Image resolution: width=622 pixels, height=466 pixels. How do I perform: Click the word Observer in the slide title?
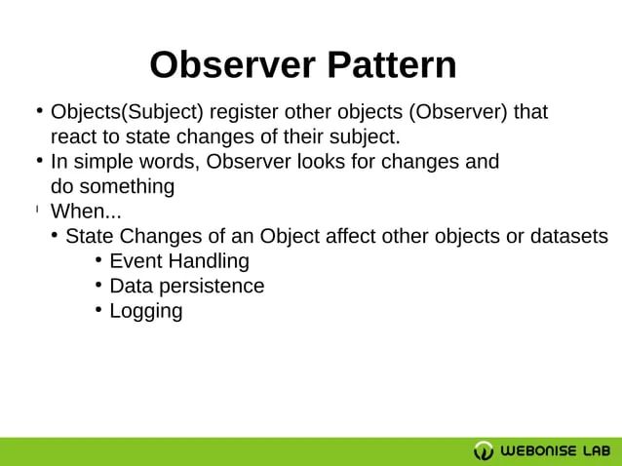[232, 65]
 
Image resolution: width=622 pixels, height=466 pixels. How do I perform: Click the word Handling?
[208, 261]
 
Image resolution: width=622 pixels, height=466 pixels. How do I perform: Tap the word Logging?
[145, 312]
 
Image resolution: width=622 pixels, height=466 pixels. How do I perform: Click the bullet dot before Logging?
[99, 310]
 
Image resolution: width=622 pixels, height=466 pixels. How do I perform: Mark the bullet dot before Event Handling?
[99, 259]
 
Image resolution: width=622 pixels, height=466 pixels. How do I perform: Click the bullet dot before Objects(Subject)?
[39, 110]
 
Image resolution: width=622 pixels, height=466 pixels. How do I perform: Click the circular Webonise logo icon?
[484, 450]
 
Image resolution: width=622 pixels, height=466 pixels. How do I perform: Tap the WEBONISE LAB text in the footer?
[556, 450]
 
